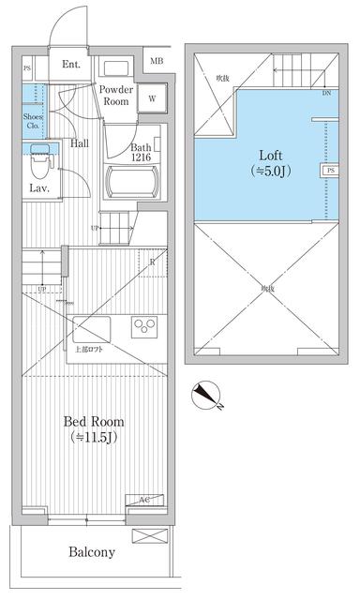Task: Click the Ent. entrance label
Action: click(x=70, y=65)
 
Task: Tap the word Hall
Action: click(x=80, y=143)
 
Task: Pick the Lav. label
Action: click(x=38, y=188)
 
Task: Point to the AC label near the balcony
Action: click(x=144, y=501)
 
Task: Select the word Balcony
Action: click(x=91, y=552)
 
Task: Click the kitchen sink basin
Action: click(x=91, y=329)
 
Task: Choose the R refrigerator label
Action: click(x=152, y=262)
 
